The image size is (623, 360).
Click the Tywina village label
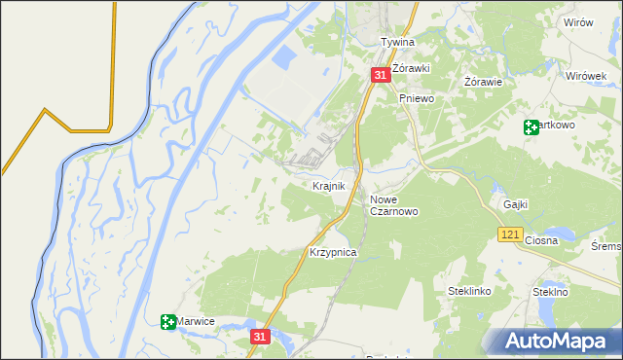tap(397, 43)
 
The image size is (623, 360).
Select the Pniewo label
tap(416, 98)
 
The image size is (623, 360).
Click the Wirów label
tap(578, 22)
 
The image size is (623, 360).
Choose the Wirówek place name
tap(586, 75)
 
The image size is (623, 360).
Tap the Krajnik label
tap(329, 185)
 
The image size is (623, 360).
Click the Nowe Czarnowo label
tap(394, 205)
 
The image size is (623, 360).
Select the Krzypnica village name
tap(333, 252)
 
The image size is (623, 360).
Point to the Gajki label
tap(516, 204)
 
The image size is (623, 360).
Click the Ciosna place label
tap(540, 240)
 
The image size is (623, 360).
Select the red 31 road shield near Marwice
tap(258, 336)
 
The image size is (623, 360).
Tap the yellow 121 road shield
tap(510, 234)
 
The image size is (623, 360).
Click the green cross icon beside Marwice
tap(168, 321)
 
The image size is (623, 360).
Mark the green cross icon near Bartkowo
tap(531, 126)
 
